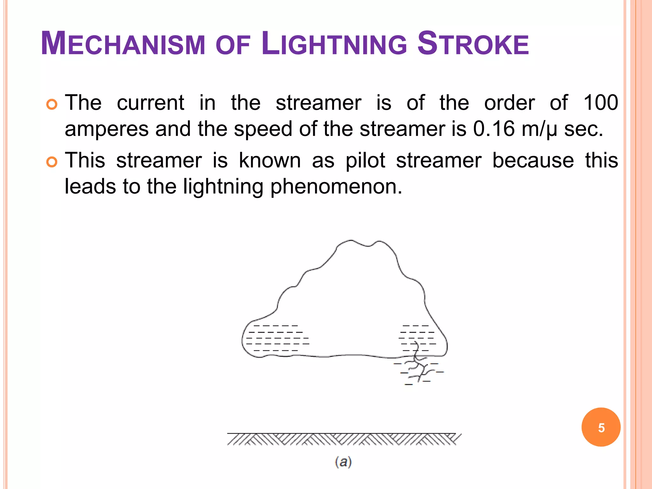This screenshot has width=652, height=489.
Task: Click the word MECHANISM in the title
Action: [123, 44]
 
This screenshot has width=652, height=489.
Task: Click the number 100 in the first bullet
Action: [600, 103]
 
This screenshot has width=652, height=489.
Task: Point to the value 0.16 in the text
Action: [494, 129]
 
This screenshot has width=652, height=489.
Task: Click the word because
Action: [533, 160]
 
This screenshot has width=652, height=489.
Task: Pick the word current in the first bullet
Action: [151, 103]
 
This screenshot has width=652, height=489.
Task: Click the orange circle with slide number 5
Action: [601, 427]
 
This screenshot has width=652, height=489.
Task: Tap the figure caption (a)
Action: [343, 462]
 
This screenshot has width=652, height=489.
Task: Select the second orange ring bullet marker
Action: [52, 162]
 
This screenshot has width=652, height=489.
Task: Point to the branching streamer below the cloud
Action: [419, 366]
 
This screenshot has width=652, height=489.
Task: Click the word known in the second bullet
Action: [270, 160]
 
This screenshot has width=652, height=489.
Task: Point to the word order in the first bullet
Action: [509, 103]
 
